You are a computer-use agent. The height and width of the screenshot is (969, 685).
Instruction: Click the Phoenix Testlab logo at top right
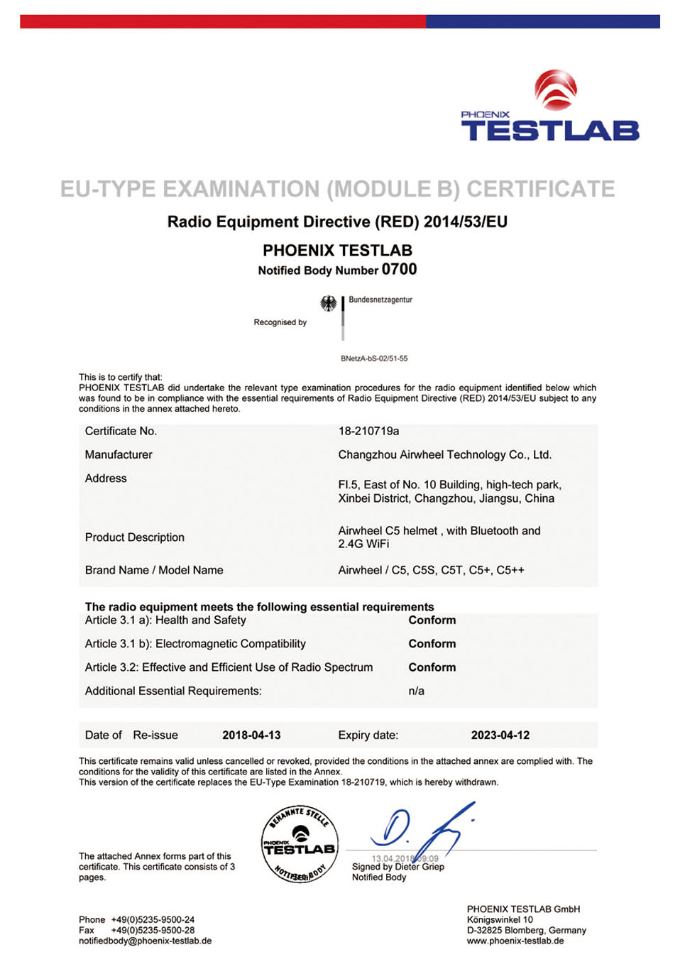pyautogui.click(x=550, y=106)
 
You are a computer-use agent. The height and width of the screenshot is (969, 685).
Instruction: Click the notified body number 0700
pyautogui.click(x=399, y=269)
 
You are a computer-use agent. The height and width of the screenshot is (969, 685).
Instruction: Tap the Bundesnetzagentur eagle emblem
pyautogui.click(x=328, y=304)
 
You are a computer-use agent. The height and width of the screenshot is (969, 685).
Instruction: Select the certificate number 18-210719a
pyautogui.click(x=368, y=431)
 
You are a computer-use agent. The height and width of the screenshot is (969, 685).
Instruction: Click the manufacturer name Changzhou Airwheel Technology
pyautogui.click(x=444, y=454)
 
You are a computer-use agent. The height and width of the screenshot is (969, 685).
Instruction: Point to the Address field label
pyautogui.click(x=106, y=478)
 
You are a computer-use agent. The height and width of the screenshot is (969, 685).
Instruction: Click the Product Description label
pyautogui.click(x=134, y=537)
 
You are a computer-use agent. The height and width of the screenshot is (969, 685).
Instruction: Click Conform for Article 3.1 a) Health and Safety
pyautogui.click(x=432, y=620)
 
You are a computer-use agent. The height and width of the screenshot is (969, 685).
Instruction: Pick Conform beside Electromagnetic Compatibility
pyautogui.click(x=432, y=644)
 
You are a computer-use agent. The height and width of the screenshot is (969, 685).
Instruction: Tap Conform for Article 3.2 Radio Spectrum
pyautogui.click(x=432, y=667)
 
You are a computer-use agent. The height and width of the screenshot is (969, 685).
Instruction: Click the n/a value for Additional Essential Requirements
pyautogui.click(x=416, y=691)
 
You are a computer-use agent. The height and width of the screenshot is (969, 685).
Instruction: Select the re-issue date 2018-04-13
pyautogui.click(x=251, y=735)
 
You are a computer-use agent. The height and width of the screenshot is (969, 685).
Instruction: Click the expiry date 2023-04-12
pyautogui.click(x=500, y=735)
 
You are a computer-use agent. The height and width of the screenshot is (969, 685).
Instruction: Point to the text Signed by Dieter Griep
pyautogui.click(x=398, y=867)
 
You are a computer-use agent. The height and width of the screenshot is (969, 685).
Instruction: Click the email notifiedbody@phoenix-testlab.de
pyautogui.click(x=145, y=941)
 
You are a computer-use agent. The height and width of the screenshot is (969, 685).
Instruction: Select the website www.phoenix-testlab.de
pyautogui.click(x=515, y=941)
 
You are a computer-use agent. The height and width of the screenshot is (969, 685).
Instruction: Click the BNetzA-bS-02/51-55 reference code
pyautogui.click(x=374, y=358)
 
